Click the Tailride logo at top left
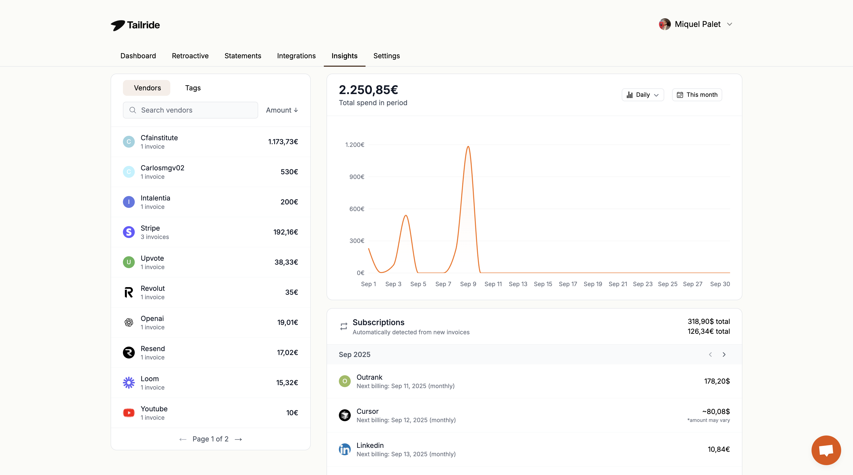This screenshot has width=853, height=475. (135, 25)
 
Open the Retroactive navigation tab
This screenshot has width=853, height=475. (190, 56)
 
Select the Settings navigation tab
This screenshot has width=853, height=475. (387, 56)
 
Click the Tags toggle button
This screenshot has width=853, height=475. (193, 88)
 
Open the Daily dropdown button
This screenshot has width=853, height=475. (642, 95)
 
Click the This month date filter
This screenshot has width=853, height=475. (697, 95)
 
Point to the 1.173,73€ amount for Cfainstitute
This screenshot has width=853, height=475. (283, 142)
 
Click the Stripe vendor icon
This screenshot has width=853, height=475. (129, 232)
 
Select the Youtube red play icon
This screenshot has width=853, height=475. (129, 413)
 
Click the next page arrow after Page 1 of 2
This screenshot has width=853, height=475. (238, 439)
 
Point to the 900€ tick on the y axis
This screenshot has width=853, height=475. (357, 177)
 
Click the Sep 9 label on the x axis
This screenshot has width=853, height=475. (468, 284)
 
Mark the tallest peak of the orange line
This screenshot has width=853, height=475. (468, 146)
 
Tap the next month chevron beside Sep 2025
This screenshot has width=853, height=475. (724, 355)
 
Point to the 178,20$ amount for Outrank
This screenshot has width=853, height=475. (717, 381)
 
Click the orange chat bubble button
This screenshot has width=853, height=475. (826, 450)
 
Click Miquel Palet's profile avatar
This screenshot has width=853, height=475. (665, 24)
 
